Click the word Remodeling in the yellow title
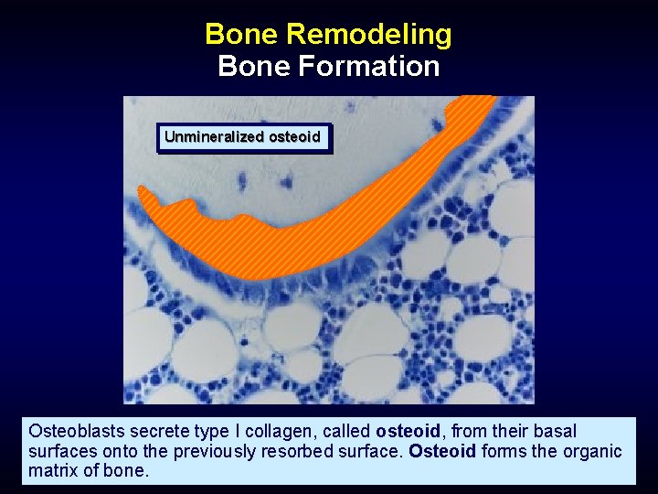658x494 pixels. (368, 35)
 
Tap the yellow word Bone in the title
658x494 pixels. (241, 35)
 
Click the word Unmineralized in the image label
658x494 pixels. (215, 137)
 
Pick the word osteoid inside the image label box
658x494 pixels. (294, 137)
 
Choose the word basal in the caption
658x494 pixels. (557, 431)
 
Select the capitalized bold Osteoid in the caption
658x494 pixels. (442, 452)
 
